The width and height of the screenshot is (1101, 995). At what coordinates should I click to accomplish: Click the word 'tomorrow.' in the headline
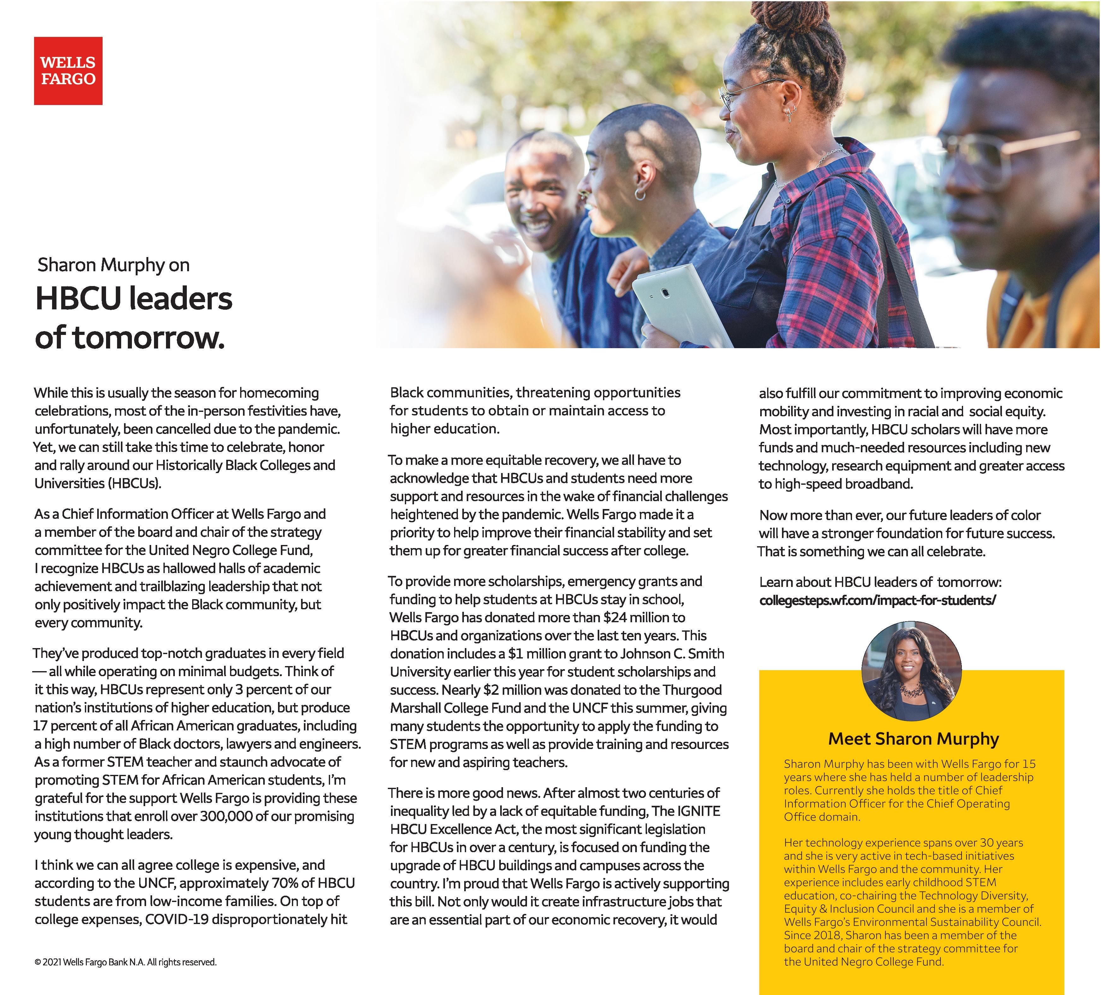click(149, 338)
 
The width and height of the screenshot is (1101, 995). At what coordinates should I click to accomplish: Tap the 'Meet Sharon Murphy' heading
click(913, 739)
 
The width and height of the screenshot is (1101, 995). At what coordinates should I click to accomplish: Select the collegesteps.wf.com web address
click(877, 600)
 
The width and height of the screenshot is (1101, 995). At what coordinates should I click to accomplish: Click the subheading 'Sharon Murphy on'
click(114, 265)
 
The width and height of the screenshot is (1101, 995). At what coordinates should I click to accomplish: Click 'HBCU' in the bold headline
click(75, 300)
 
